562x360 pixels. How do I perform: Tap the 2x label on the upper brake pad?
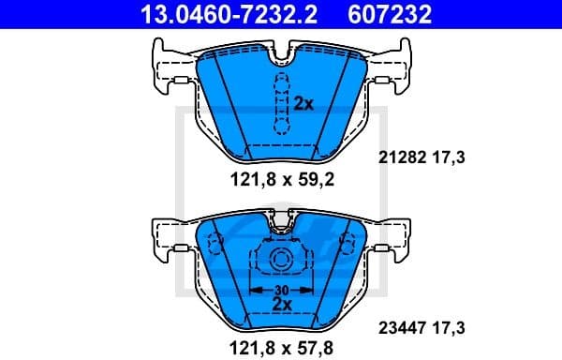(x=303, y=104)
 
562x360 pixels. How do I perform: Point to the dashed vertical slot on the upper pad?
(x=278, y=103)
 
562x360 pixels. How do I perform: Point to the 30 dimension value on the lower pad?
(x=280, y=290)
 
